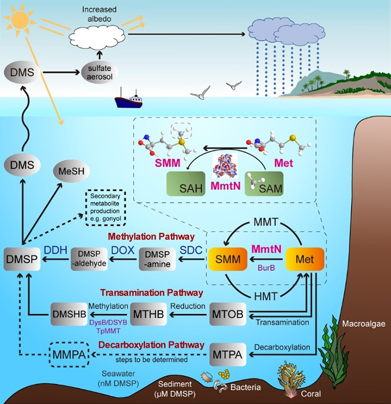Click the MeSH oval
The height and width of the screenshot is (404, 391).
click(x=71, y=172)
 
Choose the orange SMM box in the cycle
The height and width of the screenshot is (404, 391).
click(x=226, y=261)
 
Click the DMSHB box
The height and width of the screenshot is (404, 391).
click(x=69, y=314)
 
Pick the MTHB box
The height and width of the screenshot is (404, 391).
click(x=149, y=314)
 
